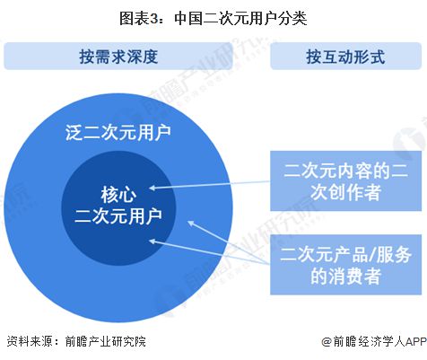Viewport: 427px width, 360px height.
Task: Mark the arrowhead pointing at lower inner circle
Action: (x=152, y=240)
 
